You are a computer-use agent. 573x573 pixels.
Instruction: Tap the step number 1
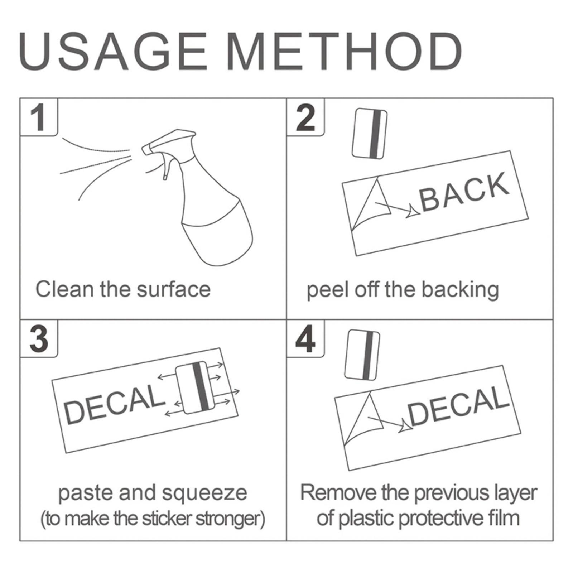point(38,117)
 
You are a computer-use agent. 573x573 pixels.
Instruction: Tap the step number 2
point(305,117)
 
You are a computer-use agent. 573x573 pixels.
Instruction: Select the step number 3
point(39,339)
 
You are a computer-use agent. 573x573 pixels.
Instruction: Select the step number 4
point(305,339)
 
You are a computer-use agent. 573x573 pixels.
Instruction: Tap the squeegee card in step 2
point(369,133)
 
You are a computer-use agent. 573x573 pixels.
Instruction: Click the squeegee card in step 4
point(362,355)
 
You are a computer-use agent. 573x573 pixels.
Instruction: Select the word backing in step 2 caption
point(460,290)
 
